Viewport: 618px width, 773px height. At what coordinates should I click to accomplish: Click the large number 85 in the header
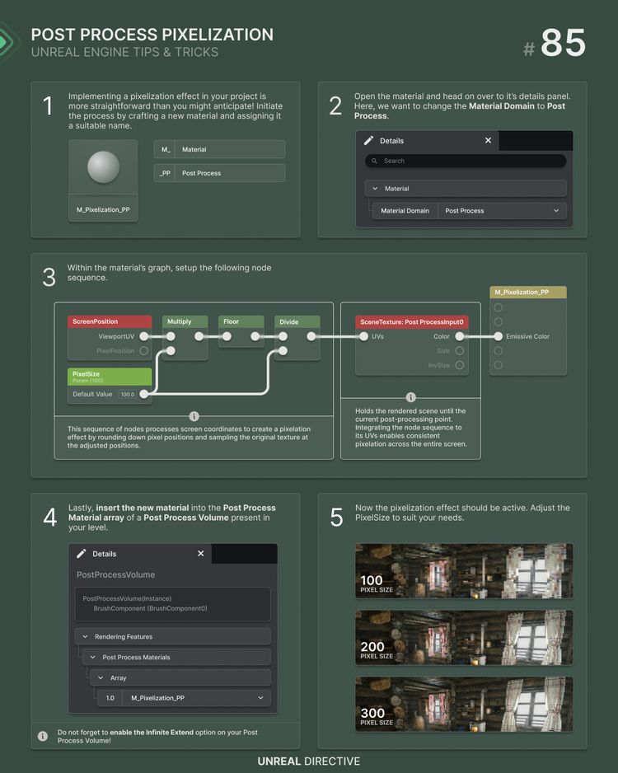click(x=564, y=42)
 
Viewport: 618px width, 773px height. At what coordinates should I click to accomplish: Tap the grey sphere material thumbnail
click(x=103, y=166)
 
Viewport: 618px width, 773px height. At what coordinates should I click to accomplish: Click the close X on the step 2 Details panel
click(x=488, y=140)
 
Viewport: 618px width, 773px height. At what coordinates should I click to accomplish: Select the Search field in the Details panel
click(x=466, y=161)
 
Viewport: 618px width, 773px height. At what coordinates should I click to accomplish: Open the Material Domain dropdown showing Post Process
click(x=502, y=210)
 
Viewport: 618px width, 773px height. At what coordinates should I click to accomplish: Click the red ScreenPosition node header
click(x=110, y=321)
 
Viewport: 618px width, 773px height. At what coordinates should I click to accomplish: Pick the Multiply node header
click(x=185, y=321)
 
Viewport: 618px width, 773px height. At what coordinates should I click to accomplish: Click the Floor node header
click(x=241, y=321)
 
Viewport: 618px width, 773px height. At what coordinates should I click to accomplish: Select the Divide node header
click(x=297, y=322)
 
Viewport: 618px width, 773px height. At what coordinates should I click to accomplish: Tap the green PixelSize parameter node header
click(x=110, y=377)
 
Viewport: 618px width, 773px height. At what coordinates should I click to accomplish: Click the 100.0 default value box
click(x=128, y=395)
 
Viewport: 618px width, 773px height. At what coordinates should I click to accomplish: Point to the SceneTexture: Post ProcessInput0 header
click(x=411, y=322)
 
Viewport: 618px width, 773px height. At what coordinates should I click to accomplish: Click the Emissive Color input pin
click(x=499, y=336)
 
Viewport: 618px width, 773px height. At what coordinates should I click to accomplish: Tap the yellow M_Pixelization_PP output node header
click(x=528, y=293)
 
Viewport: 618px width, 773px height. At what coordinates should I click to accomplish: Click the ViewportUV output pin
click(x=143, y=336)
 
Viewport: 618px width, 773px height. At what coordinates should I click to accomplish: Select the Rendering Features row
click(x=172, y=636)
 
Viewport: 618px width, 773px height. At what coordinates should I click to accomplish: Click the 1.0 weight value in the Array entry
click(x=110, y=698)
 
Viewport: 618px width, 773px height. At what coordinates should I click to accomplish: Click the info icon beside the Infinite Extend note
click(x=43, y=736)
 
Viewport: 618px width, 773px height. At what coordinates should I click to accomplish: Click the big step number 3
click(x=49, y=277)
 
